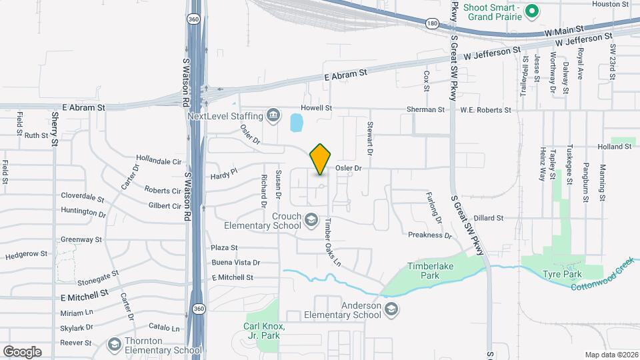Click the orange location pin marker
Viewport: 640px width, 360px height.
(x=321, y=159)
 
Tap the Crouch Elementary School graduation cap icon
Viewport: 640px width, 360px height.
(x=311, y=219)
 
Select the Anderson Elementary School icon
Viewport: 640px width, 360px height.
(x=391, y=308)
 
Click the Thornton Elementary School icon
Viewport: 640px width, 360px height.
(x=115, y=344)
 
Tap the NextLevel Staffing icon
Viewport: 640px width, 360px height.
(x=273, y=116)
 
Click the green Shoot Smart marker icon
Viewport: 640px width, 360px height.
(x=532, y=10)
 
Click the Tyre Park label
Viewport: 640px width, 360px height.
(x=562, y=274)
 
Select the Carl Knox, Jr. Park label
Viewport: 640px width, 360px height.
(x=263, y=331)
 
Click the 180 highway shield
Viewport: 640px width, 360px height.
(x=432, y=23)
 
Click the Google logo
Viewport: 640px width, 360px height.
(x=22, y=351)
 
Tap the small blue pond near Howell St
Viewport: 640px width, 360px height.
(x=296, y=122)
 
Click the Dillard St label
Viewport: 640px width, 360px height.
(x=489, y=218)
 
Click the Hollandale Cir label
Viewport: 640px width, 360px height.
(x=159, y=161)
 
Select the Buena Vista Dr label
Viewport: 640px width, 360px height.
(x=235, y=263)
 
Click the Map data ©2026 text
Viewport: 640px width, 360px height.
(x=611, y=355)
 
